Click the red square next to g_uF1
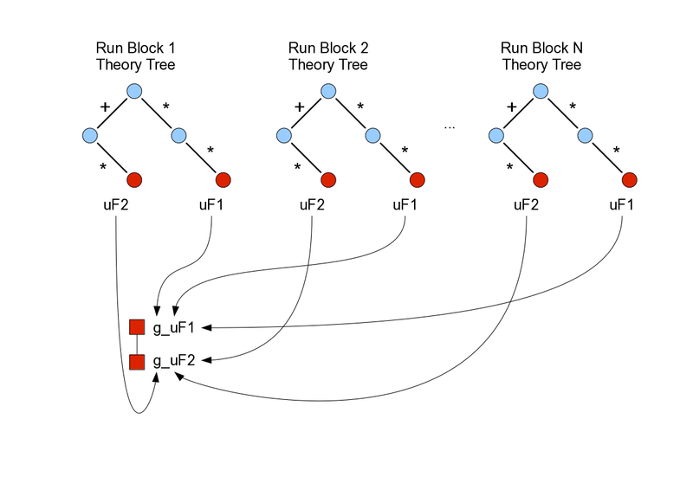point(136,327)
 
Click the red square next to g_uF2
point(136,361)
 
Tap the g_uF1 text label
point(174,327)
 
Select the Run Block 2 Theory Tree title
point(327,55)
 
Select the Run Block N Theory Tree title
point(541,55)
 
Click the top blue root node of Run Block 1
point(133,91)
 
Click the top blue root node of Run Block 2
point(327,91)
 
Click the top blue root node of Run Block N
point(541,91)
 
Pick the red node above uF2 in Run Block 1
point(134,180)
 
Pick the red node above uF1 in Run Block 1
point(223,180)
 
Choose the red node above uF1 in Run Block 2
point(416,180)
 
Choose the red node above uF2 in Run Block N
point(541,180)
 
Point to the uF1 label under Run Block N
point(619,206)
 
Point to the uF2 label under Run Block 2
point(312,206)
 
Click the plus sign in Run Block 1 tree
point(105,107)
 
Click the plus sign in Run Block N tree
point(512,107)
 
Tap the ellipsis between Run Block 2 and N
point(450,127)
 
